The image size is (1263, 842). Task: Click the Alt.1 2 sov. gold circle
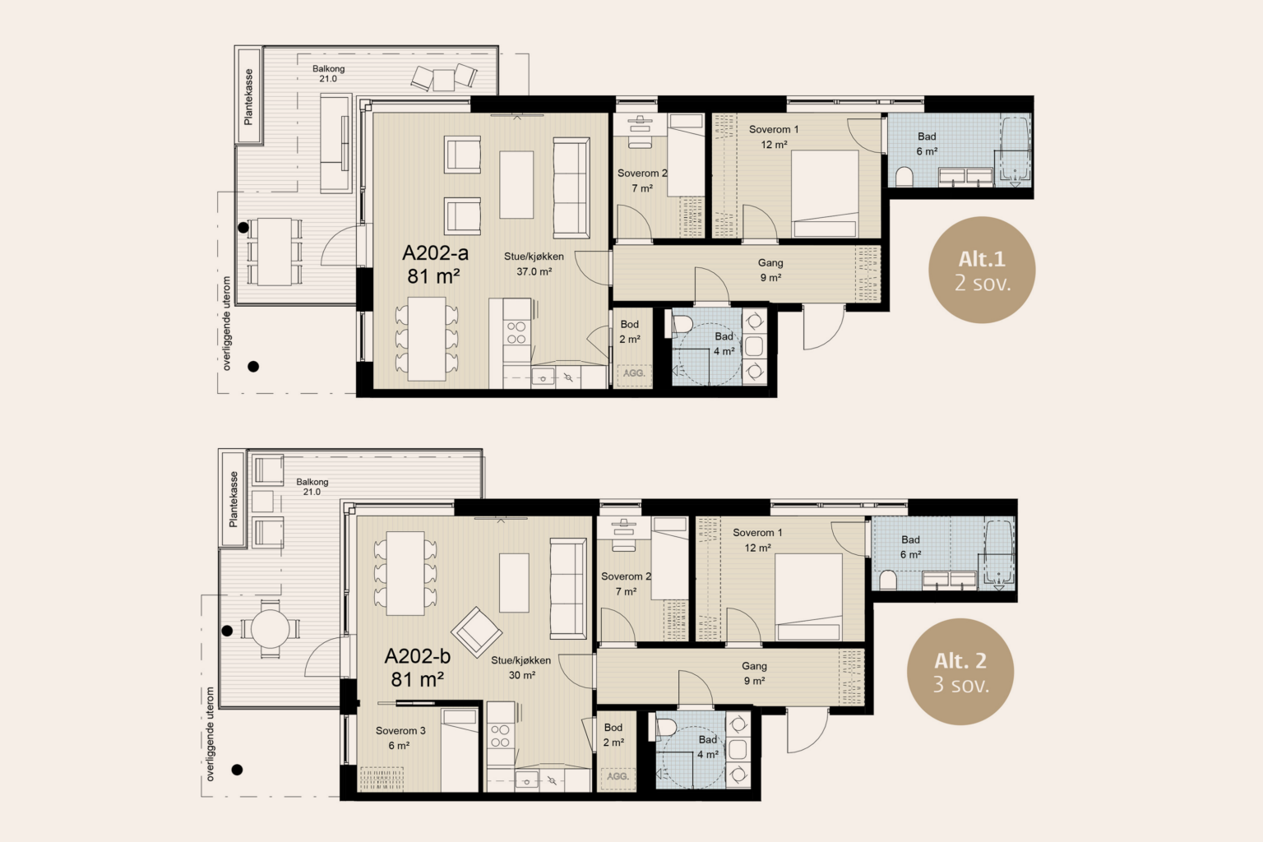coord(982,270)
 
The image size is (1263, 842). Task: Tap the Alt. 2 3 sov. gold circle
coord(960,672)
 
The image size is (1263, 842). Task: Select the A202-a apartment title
coord(435,265)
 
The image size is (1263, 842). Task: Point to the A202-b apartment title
coord(418,667)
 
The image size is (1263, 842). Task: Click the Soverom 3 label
coord(400,731)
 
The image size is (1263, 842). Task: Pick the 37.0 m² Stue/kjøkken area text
coord(534,272)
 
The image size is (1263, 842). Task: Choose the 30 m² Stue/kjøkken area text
coord(521,675)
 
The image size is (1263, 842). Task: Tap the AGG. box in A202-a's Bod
coord(634,373)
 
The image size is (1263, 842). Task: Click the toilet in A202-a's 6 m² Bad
coord(904,177)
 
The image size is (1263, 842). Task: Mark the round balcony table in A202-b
coord(270,629)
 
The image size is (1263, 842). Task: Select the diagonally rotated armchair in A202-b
coord(476,632)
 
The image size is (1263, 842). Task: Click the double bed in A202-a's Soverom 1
coord(825,193)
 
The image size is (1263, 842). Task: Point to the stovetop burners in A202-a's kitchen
coord(516,332)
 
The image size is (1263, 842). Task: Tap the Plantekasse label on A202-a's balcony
coord(248,96)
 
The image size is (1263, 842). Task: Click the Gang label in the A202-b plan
coord(754,666)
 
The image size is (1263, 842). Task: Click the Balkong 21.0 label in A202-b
coord(312,487)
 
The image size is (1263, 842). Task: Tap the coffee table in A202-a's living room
coord(516,184)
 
